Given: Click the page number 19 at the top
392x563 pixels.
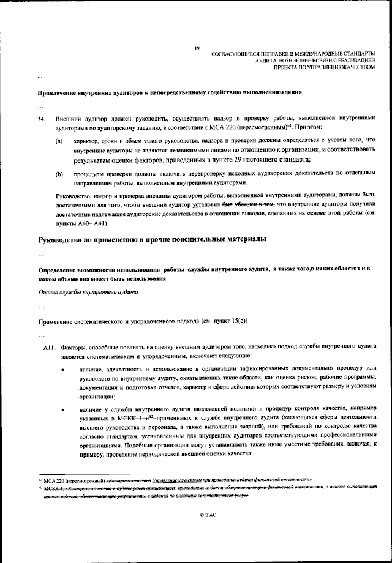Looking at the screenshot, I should (x=197, y=48).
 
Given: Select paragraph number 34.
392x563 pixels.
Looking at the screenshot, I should (x=42, y=116).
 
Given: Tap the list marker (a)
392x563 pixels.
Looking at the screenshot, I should (x=59, y=141).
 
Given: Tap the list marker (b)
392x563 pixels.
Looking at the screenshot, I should (x=59, y=174).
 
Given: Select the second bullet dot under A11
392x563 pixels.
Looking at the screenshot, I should (x=64, y=408).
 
